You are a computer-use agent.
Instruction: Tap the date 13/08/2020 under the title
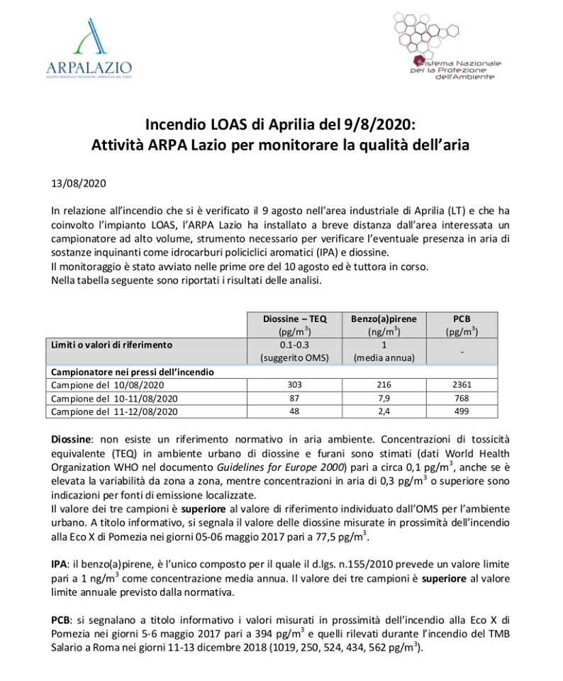click(x=79, y=183)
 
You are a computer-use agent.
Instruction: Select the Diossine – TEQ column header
click(x=294, y=324)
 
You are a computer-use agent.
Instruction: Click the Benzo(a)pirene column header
click(x=384, y=324)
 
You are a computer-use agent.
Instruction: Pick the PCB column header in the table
click(x=462, y=324)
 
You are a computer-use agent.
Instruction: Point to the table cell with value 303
click(x=294, y=384)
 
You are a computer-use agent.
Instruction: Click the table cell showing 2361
click(x=462, y=384)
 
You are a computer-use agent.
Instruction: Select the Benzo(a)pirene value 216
click(x=384, y=384)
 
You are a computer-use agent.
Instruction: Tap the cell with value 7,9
click(x=384, y=398)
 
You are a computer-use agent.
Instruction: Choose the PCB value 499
click(x=462, y=411)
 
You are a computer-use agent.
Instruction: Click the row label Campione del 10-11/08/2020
click(x=113, y=398)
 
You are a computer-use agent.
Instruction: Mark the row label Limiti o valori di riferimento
click(x=112, y=344)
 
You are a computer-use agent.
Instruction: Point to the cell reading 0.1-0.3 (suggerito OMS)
click(x=294, y=350)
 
